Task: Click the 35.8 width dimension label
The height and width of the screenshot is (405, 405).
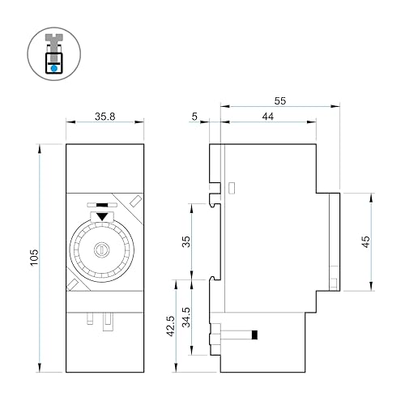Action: coord(103,116)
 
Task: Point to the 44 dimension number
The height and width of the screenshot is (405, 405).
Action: coord(268,117)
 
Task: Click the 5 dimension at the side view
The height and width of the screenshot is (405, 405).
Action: coord(194,117)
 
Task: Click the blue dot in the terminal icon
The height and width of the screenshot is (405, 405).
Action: coord(53,69)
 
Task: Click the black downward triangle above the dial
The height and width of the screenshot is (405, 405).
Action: coord(101,216)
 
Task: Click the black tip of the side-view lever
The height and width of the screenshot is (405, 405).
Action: coord(255,335)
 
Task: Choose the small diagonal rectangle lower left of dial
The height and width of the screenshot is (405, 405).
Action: coord(72,284)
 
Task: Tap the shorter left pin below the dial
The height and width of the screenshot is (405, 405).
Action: coord(92,317)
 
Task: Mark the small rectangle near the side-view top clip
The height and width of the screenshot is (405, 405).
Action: coord(232,188)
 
